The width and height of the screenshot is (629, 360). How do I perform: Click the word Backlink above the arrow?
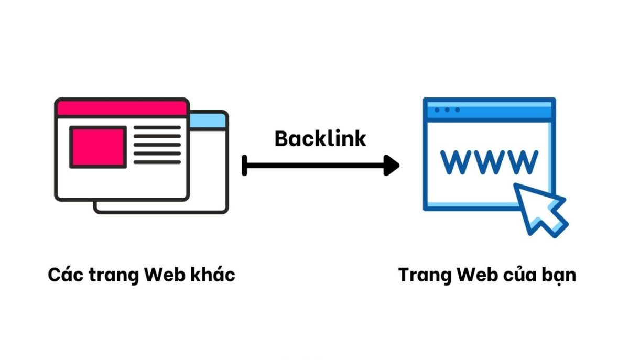[320, 139]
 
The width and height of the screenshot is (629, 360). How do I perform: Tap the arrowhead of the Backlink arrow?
[391, 166]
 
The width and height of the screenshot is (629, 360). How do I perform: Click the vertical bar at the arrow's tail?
[244, 166]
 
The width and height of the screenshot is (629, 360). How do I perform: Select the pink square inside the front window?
[98, 147]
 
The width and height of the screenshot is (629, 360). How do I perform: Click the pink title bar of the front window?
[122, 108]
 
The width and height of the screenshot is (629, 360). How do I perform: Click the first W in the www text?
[458, 162]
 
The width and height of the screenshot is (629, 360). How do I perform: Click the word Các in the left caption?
[62, 275]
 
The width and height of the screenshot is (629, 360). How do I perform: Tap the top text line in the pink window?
[157, 128]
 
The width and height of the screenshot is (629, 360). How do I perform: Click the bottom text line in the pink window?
[157, 162]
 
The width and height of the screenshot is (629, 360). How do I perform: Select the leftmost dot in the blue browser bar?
[437, 110]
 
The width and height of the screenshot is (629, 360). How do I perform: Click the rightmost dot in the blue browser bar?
[457, 110]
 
